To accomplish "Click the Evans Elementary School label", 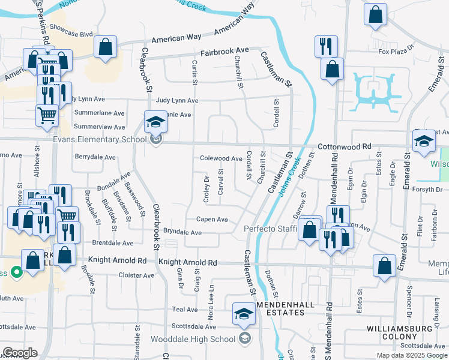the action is (100, 140).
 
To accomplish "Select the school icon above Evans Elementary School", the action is (155, 122).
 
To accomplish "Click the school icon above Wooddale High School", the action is (243, 314).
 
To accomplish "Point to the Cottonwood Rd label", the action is (345, 146).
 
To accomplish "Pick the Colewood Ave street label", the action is (221, 158).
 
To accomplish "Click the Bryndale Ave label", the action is (182, 232).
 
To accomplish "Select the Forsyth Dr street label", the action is (429, 190).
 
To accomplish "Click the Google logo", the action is (20, 352).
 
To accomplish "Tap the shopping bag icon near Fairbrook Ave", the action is (105, 47).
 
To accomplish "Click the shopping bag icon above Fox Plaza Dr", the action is (375, 16).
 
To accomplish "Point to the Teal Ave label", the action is (184, 310).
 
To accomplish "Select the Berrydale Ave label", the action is (95, 157).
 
